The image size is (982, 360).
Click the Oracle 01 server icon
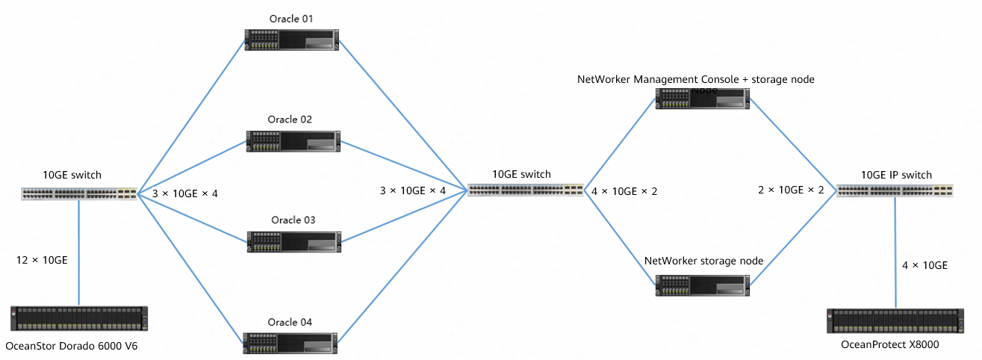click(291, 40)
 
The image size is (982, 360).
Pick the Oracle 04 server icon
click(291, 342)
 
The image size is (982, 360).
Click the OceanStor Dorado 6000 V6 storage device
click(78, 318)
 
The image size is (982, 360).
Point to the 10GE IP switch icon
click(895, 190)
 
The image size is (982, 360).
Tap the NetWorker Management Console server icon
click(702, 99)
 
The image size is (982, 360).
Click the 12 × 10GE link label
click(42, 260)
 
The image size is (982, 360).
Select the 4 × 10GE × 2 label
click(624, 190)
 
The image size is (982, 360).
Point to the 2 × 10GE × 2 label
click(791, 190)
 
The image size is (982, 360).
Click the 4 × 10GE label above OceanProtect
click(925, 265)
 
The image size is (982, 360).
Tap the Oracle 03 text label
click(293, 220)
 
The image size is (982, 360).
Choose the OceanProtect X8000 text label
click(890, 344)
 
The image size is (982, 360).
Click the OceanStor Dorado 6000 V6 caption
click(72, 346)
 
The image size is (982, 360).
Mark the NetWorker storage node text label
click(703, 261)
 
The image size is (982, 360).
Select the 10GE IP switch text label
click(896, 175)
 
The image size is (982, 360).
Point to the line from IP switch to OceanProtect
click(895, 254)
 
